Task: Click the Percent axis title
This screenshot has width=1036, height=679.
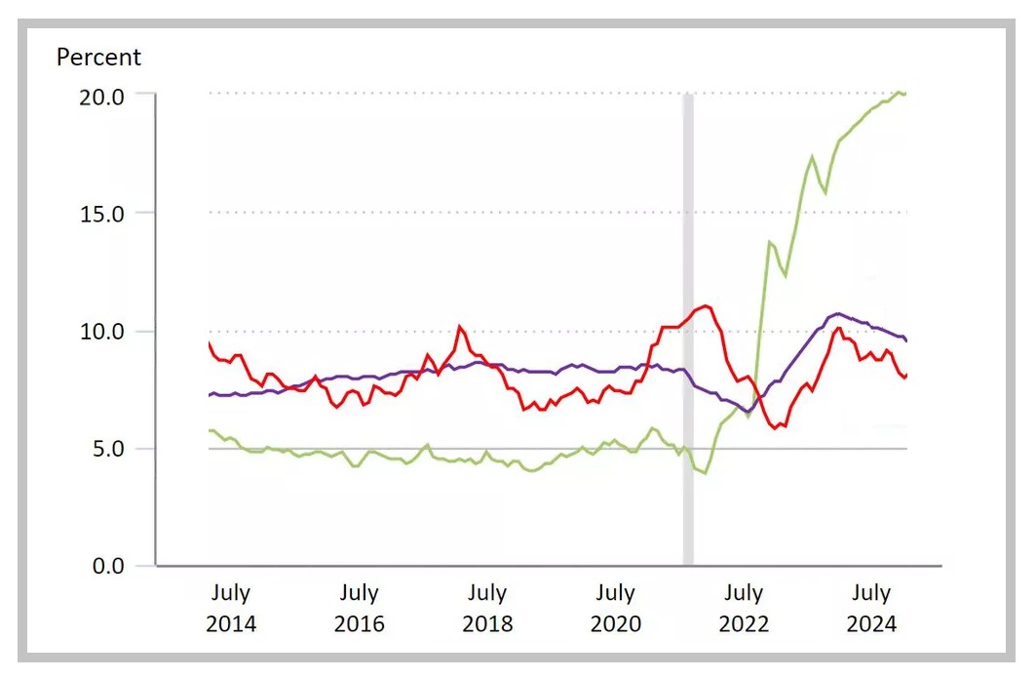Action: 98,58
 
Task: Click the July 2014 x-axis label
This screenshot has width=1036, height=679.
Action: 231,608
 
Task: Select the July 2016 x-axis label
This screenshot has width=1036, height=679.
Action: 359,608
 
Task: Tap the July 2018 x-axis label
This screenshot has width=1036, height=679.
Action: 486,608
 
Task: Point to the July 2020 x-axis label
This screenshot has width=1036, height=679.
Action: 615,608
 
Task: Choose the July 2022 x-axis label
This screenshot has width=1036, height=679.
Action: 743,608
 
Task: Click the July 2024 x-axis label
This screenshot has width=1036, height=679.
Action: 871,608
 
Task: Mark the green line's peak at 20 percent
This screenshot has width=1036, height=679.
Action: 899,93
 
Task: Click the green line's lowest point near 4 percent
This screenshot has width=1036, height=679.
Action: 705,473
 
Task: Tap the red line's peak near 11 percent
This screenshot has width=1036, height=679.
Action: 706,306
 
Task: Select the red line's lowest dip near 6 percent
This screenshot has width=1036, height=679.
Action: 776,427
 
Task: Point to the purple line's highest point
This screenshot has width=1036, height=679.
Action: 837,313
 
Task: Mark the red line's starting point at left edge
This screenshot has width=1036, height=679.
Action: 209,342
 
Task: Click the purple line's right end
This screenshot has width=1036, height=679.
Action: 906,340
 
